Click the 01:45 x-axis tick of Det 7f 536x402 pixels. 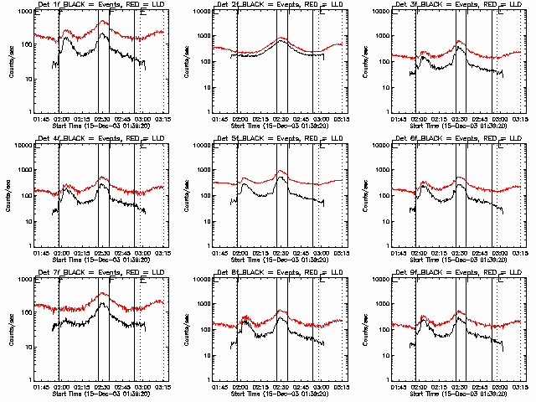click(40, 388)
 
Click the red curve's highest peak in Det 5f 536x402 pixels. click(281, 171)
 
